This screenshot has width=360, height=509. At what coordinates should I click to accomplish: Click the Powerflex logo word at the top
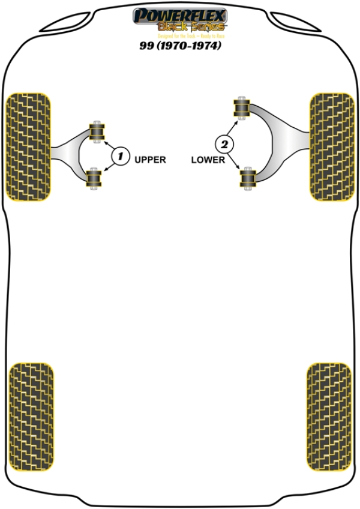pos(179,14)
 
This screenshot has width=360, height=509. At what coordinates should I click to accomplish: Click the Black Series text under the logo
pos(191,26)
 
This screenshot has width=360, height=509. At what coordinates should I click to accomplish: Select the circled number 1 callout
pos(120,157)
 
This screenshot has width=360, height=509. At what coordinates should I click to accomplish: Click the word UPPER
pos(150,160)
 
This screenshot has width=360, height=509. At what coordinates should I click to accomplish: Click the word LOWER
pos(208,160)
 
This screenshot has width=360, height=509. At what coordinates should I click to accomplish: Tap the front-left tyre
pos(28,147)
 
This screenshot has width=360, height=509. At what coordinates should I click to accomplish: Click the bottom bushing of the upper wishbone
pos(93,178)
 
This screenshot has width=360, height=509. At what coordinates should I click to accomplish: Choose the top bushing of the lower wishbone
pos(242,108)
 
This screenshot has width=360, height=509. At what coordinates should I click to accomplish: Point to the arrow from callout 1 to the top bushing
pos(109,145)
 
